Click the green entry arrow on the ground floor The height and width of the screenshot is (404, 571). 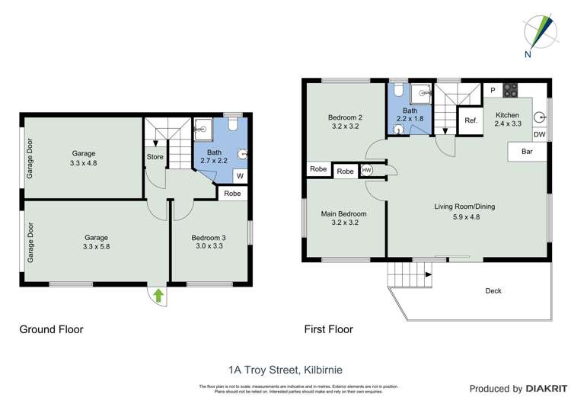158,293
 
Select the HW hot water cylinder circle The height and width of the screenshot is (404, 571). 367,171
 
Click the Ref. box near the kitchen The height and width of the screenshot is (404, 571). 471,120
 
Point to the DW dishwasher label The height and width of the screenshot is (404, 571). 539,135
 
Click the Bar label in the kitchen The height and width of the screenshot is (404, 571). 526,152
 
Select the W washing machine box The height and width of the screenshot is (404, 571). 239,176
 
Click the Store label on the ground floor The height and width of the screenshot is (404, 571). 155,158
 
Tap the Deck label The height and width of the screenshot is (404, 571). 493,290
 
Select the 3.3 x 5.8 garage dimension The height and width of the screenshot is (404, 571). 95,246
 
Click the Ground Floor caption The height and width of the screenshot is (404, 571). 51,330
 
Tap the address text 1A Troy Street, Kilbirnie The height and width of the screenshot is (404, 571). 285,370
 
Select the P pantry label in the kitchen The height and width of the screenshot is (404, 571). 493,90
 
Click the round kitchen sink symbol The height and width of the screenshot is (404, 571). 540,117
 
